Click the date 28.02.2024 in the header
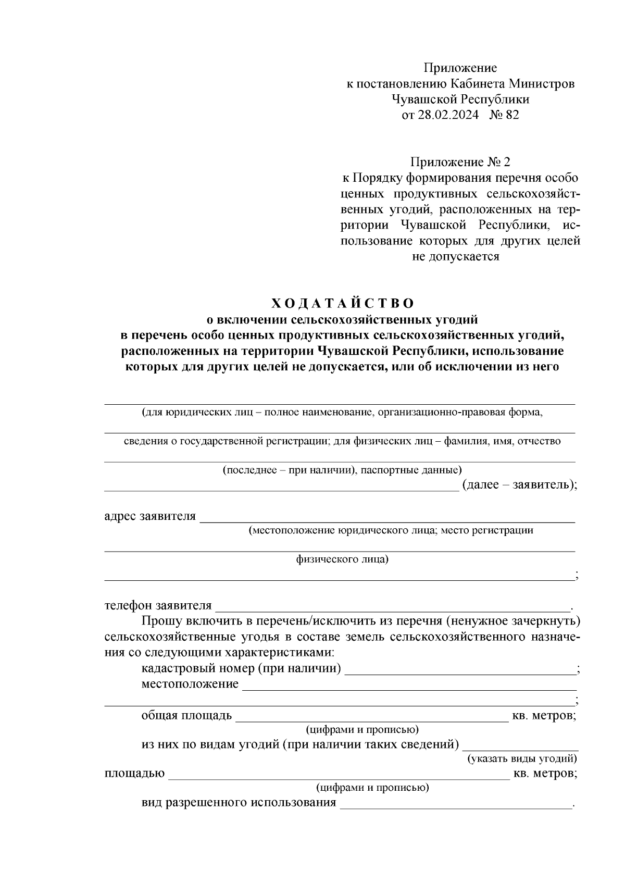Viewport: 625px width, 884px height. tap(448, 115)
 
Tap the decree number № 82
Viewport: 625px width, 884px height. tap(504, 115)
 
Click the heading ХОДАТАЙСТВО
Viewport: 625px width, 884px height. tap(342, 303)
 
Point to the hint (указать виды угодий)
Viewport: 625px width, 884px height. tap(521, 758)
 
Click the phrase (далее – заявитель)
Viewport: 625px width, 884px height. tap(518, 485)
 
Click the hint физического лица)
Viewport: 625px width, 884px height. tap(342, 559)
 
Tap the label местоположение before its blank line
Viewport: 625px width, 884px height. tap(190, 684)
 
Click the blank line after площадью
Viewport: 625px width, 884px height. tap(339, 774)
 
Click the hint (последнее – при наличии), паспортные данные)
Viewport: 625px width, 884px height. tap(342, 470)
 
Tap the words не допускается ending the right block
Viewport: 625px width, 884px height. tap(456, 256)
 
